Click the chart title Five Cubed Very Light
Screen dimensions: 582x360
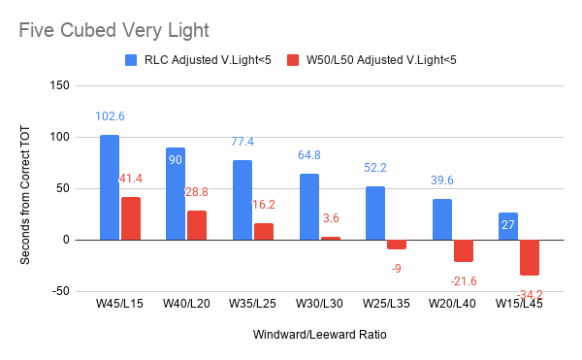[113, 30]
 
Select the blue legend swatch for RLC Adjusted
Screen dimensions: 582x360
[131, 60]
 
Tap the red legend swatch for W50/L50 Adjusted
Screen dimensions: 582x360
[293, 60]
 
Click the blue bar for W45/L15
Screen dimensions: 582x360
[110, 187]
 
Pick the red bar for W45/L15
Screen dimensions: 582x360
[131, 218]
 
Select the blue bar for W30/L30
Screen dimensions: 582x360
[309, 207]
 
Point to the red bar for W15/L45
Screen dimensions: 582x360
[530, 257]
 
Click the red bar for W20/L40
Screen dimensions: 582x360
[464, 251]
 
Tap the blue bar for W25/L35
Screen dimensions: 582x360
[375, 213]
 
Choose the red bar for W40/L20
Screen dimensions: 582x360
[197, 225]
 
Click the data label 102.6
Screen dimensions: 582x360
[110, 116]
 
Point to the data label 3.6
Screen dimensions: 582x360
[331, 218]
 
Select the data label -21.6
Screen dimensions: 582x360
[464, 281]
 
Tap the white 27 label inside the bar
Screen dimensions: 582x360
[508, 225]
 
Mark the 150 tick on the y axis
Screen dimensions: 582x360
[60, 85]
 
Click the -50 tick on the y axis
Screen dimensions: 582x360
[60, 291]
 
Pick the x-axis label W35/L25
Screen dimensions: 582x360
[253, 304]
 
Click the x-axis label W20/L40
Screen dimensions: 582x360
[452, 304]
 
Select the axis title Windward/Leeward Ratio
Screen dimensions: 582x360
[320, 335]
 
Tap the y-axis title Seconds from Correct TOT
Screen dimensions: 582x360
[25, 195]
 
